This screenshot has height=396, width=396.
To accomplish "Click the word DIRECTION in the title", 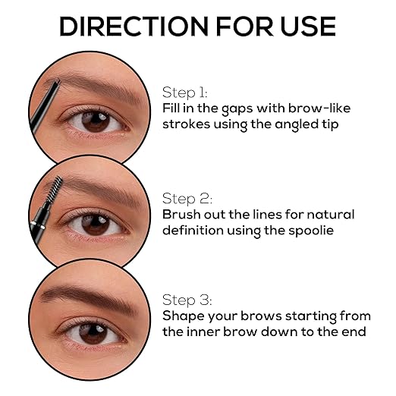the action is pos(134,27).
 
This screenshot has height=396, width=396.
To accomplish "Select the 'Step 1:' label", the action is pos(185,93).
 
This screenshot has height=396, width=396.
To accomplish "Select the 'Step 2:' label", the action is pos(187,199).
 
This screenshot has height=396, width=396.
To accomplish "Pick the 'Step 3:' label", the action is pos(187,300).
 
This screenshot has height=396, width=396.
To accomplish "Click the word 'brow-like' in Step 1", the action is pos(319,108).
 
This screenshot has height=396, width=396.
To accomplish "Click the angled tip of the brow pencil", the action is pos(56,82).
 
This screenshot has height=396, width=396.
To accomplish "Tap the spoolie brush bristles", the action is pos(55,188).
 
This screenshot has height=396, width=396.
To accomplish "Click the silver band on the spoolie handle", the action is pos(38,225).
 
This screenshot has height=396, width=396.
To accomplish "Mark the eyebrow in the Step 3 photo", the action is pos(89,298).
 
